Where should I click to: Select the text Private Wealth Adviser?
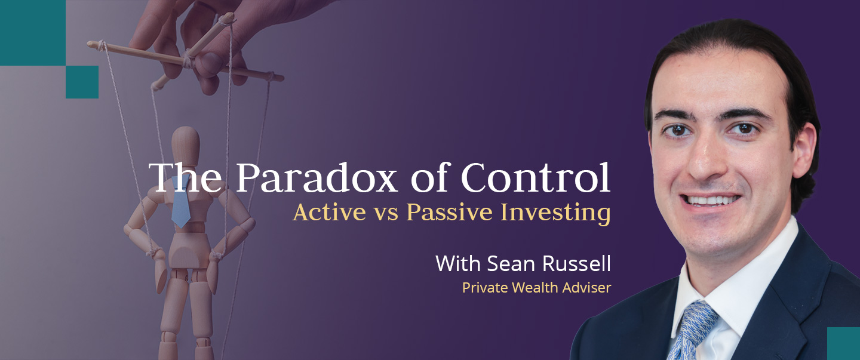(536, 288)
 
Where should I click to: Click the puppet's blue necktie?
(180, 202)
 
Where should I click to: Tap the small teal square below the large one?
(82, 82)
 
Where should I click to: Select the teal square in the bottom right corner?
(843, 343)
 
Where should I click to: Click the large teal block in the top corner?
(32, 32)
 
